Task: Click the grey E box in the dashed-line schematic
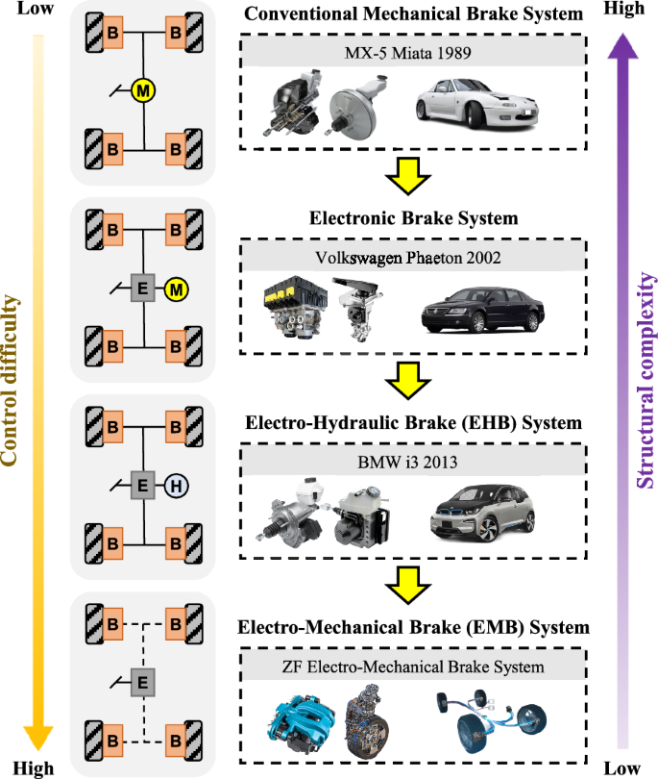point(142,683)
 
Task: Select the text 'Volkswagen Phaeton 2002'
point(413,257)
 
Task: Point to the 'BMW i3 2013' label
point(413,462)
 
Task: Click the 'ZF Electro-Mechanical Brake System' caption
point(413,666)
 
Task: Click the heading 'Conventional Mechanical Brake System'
point(413,15)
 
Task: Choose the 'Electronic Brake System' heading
point(413,218)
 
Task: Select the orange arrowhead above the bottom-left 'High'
point(37,736)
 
